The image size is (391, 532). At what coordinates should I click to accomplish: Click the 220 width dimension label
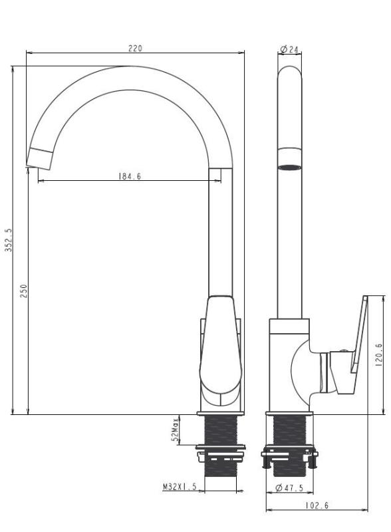[136, 49]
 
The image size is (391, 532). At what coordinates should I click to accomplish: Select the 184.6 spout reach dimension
[130, 176]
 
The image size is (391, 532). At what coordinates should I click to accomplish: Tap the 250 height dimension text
[23, 291]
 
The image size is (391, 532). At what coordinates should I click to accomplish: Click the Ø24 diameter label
[289, 49]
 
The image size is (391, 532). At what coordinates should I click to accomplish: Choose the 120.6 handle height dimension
[378, 354]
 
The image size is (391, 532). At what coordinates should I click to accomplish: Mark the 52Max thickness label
[176, 430]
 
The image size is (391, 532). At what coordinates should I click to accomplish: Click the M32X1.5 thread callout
[180, 487]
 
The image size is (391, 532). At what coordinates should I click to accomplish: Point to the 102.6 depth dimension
[317, 505]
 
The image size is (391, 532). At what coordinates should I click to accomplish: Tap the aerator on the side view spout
[289, 166]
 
